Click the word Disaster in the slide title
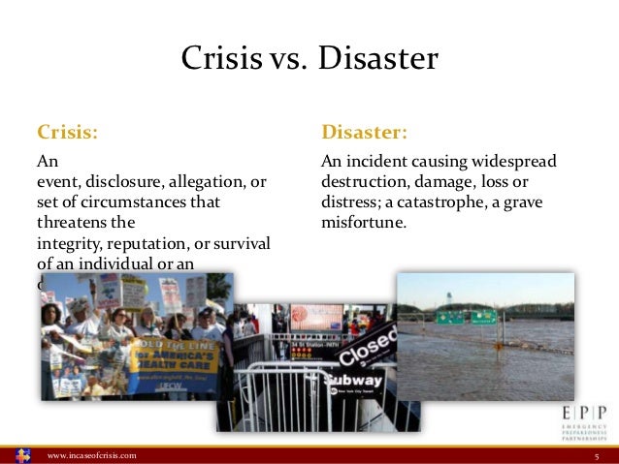(381, 60)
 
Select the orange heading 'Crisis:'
(67, 131)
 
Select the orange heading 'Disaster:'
(364, 131)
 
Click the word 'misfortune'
(362, 222)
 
